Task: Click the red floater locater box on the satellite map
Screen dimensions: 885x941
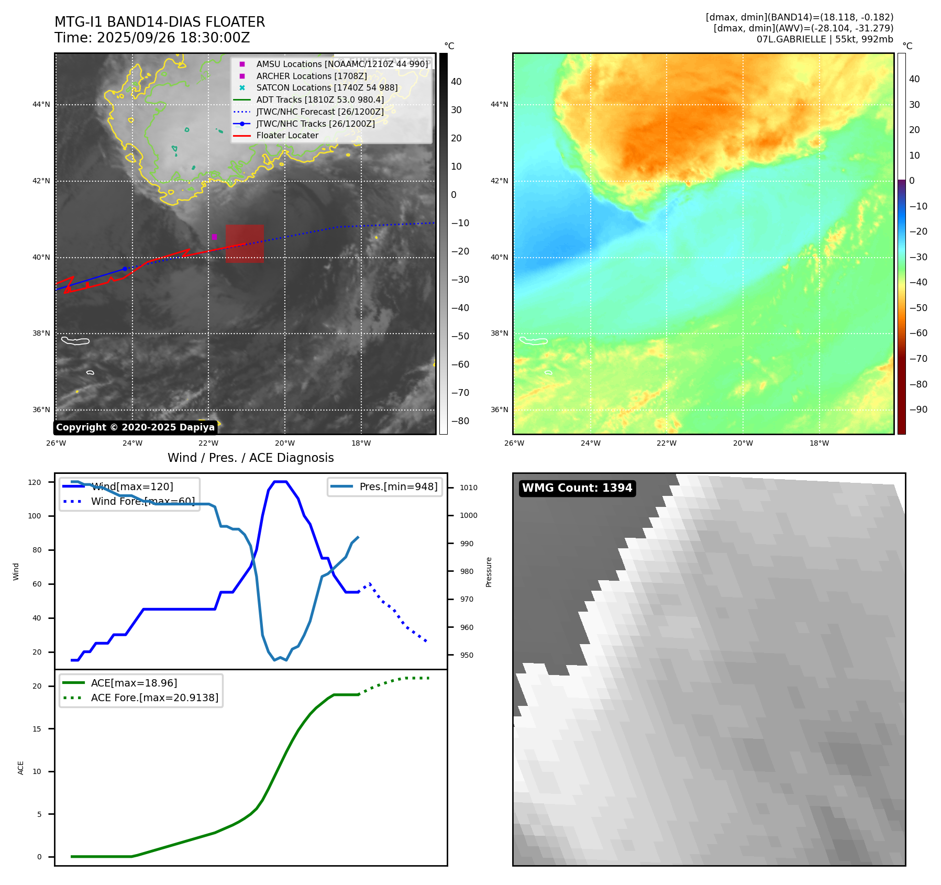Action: (245, 244)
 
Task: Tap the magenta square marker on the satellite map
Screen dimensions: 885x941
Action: (214, 237)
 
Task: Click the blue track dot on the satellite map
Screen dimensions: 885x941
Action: (125, 269)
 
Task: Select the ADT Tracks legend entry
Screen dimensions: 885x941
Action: (319, 99)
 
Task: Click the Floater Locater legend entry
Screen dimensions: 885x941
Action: (287, 135)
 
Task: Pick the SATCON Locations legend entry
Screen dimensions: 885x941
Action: (326, 87)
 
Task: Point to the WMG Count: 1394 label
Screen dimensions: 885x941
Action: (577, 488)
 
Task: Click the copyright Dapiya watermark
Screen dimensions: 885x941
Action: (135, 427)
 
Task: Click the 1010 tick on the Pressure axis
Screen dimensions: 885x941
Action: (468, 488)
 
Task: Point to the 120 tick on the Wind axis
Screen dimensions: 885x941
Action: (35, 482)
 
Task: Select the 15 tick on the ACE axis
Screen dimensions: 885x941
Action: (37, 729)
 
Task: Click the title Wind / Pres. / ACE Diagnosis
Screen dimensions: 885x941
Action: (250, 458)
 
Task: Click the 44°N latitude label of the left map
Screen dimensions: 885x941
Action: (41, 104)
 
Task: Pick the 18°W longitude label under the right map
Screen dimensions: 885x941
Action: (819, 443)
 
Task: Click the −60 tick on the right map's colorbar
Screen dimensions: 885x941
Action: (918, 333)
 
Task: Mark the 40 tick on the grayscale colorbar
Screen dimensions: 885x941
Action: (456, 81)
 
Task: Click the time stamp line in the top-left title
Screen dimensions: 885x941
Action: (152, 38)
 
